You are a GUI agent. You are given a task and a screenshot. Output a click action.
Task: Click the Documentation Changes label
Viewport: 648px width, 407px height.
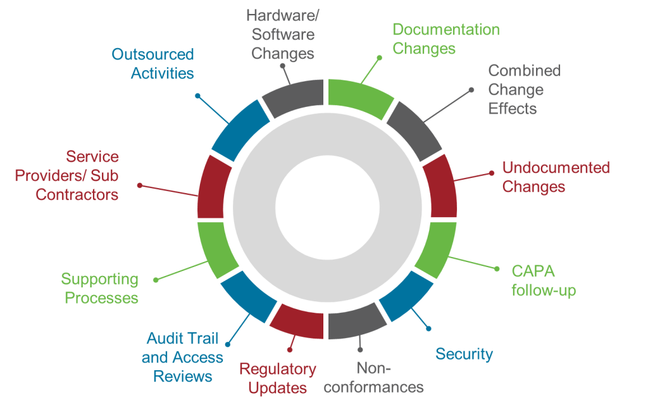pyautogui.click(x=445, y=39)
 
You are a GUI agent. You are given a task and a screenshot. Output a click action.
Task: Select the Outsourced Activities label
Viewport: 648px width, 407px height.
pyautogui.click(x=153, y=63)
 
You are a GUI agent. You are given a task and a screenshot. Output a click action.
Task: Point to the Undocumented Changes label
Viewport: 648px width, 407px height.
pyautogui.click(x=556, y=177)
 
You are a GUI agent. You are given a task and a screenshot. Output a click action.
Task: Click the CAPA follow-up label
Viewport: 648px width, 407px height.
pyautogui.click(x=544, y=281)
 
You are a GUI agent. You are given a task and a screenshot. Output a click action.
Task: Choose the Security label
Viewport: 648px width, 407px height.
pyautogui.click(x=464, y=354)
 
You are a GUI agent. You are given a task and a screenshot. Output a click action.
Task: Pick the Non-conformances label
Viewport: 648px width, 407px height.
pyautogui.click(x=373, y=377)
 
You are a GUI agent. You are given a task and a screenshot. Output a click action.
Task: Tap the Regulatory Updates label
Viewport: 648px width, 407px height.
pyautogui.click(x=278, y=378)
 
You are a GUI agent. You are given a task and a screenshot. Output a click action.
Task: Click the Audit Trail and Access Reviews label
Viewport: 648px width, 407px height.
pyautogui.click(x=182, y=357)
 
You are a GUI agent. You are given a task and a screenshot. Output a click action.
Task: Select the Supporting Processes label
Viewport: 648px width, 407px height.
pyautogui.click(x=99, y=288)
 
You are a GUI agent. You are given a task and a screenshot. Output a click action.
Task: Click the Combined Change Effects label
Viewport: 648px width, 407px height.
pyautogui.click(x=524, y=89)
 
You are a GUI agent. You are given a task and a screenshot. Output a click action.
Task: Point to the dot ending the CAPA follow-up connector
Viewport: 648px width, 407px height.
pyautogui.click(x=496, y=269)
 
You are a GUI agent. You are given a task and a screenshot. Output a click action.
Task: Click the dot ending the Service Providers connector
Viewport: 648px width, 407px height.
pyautogui.click(x=140, y=185)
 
